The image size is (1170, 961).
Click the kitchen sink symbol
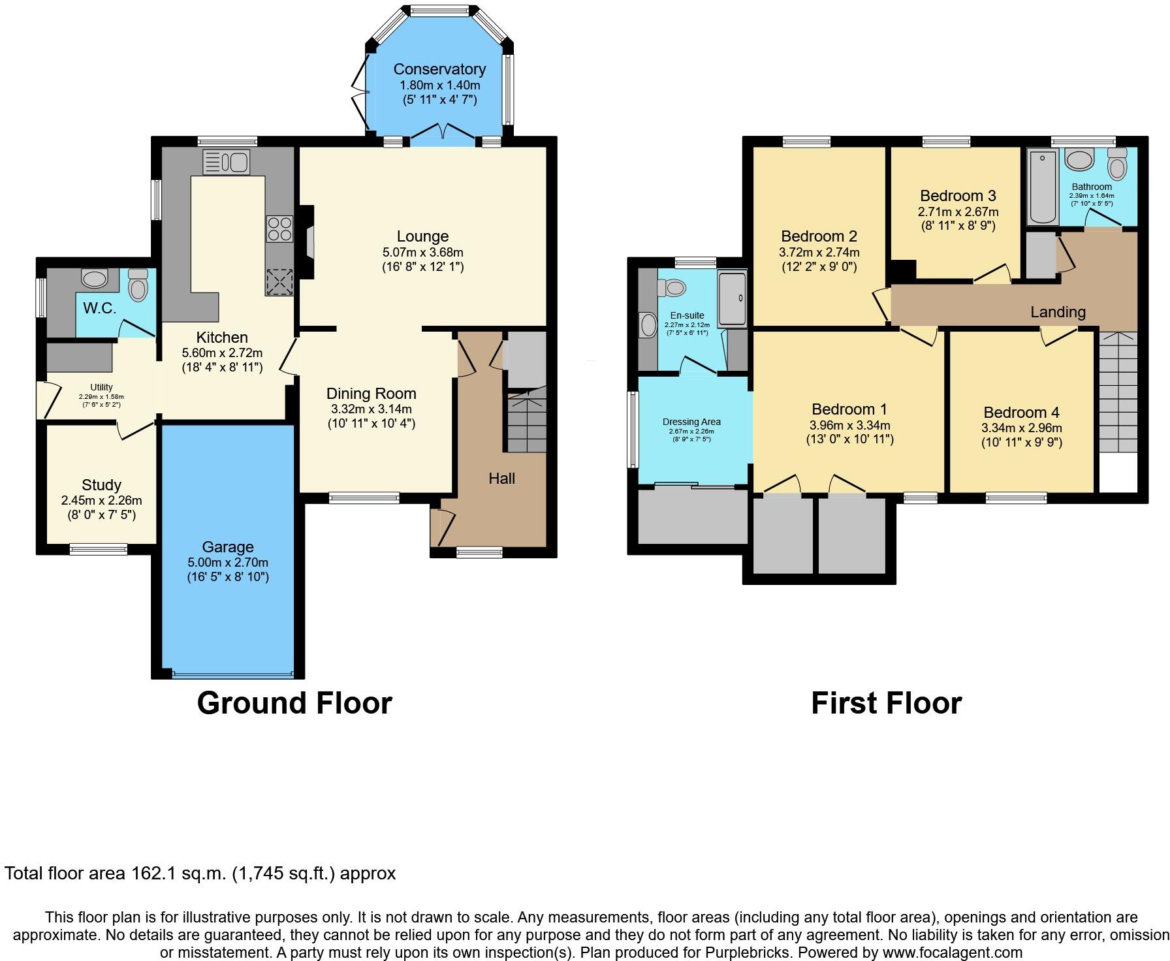pyautogui.click(x=226, y=162)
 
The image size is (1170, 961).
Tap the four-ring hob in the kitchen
pyautogui.click(x=279, y=229)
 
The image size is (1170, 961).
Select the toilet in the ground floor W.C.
pyautogui.click(x=138, y=285)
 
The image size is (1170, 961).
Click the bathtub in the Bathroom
pyautogui.click(x=1043, y=186)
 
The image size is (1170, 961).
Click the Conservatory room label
pyautogui.click(x=439, y=69)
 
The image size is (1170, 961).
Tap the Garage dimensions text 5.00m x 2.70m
pyautogui.click(x=228, y=562)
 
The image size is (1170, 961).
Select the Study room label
pyautogui.click(x=101, y=485)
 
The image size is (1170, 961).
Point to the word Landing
pyautogui.click(x=1058, y=312)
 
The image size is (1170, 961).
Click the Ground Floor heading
pyautogui.click(x=294, y=703)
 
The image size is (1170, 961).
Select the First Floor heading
pyautogui.click(x=886, y=703)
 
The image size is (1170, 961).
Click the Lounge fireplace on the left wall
pyautogui.click(x=307, y=234)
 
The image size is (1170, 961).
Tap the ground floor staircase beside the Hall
pyautogui.click(x=526, y=421)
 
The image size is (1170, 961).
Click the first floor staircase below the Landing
pyautogui.click(x=1118, y=392)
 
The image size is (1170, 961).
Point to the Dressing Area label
pyautogui.click(x=691, y=422)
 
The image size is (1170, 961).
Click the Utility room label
pyautogui.click(x=101, y=387)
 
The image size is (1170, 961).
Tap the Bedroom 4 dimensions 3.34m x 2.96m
pyautogui.click(x=1021, y=428)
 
